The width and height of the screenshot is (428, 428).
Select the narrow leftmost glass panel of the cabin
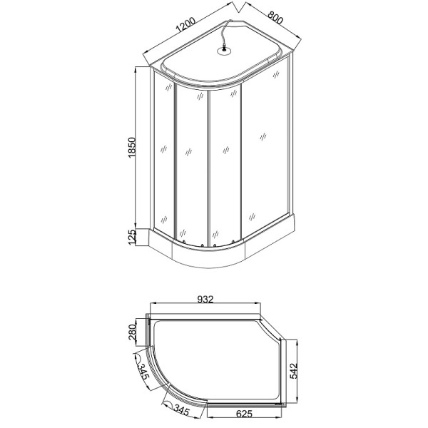(164, 153)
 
